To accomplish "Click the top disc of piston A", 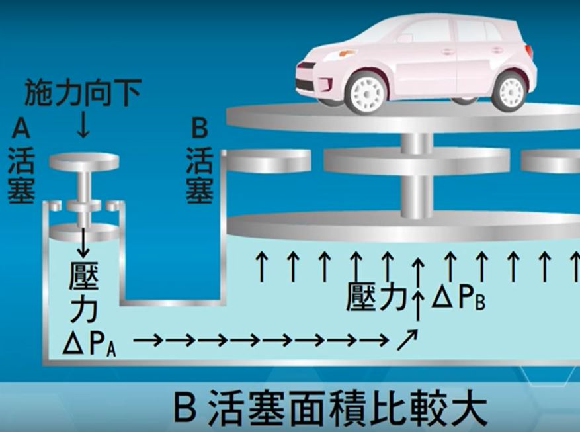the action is point(84,161).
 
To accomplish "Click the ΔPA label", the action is point(89,345).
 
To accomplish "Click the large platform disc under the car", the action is point(403,117).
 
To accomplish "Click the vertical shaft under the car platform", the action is point(417,175).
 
